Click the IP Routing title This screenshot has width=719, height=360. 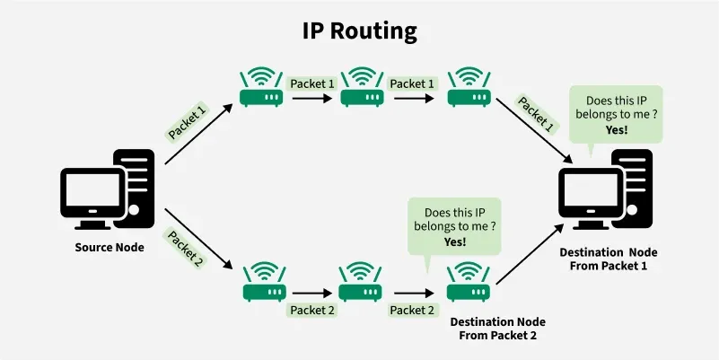point(359,31)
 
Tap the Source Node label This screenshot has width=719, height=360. point(109,247)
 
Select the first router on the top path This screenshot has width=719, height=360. point(261,88)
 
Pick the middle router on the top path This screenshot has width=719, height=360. point(362,88)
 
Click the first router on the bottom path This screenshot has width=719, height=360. point(264,285)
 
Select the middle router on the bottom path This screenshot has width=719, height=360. point(361,285)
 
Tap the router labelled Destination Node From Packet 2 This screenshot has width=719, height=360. point(467,285)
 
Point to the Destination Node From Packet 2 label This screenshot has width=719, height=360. point(497,328)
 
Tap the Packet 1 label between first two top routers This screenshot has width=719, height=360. point(311,83)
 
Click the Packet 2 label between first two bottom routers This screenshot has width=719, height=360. point(311,311)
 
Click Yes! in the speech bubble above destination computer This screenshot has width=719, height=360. point(616,129)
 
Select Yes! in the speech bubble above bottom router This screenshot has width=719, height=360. point(455,242)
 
